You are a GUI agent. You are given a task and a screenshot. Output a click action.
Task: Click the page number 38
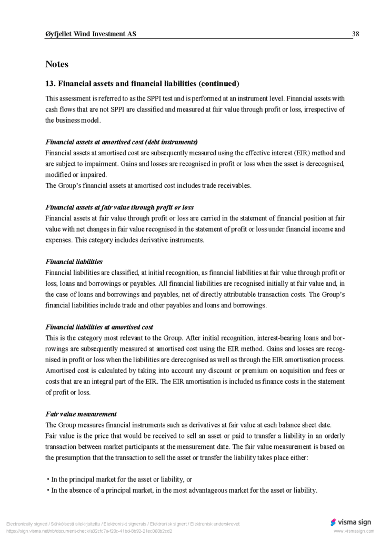(355, 34)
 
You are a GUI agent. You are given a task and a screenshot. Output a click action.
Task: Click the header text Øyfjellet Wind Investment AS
(91, 34)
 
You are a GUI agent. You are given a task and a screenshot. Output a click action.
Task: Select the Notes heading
(57, 64)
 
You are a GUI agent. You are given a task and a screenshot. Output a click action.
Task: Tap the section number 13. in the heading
(51, 84)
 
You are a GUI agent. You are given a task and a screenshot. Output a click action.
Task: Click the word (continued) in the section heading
(219, 84)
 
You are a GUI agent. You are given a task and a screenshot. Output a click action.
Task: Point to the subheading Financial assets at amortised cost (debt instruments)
(122, 142)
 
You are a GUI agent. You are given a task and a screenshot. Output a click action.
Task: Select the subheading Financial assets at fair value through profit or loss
(119, 207)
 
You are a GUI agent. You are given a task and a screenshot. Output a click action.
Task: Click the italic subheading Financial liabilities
(74, 262)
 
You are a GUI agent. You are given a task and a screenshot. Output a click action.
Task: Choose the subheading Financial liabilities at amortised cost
(99, 327)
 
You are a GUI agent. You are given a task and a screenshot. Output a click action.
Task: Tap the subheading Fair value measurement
(81, 414)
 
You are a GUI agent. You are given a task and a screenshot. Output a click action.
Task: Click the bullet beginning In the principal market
(122, 480)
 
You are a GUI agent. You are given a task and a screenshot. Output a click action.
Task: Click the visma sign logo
(350, 522)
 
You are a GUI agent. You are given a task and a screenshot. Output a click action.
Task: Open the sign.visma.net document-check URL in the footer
(89, 531)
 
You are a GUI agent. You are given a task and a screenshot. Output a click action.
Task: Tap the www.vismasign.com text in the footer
(353, 531)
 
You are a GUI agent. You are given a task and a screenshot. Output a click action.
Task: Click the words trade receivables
(229, 186)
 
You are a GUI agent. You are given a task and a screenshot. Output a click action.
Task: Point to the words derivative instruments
(173, 240)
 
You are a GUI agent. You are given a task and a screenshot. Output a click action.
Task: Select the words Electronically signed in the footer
(26, 524)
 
